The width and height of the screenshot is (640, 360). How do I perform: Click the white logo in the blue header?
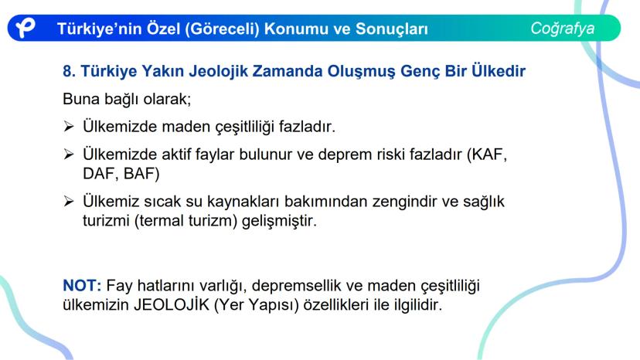pos(26,28)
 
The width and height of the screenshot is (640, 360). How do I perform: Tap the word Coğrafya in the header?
pos(563,29)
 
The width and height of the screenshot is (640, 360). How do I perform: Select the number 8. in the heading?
pos(69,71)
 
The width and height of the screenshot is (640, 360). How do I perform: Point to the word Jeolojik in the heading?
pos(219,71)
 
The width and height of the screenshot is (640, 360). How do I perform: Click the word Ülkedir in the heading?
pos(499,70)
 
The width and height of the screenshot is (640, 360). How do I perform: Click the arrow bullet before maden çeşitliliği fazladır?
pos(69,127)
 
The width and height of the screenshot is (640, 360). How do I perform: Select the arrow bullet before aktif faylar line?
pos(69,155)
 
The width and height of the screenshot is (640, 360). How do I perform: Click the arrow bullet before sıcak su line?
pos(69,201)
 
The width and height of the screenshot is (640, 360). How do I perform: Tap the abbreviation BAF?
pos(138,174)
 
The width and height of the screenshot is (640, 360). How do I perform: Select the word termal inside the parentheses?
pos(162,221)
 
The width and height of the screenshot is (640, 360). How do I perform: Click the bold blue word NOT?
pos(82,285)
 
